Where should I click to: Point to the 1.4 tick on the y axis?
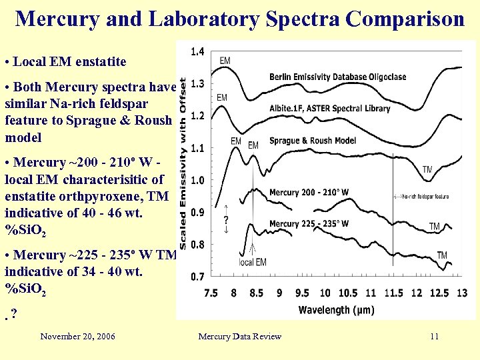(x=197, y=51)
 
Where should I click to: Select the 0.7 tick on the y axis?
(x=197, y=276)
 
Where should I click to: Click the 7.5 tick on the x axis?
(x=210, y=293)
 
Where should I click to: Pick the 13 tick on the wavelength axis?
(x=462, y=293)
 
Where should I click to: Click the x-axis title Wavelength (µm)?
(x=336, y=310)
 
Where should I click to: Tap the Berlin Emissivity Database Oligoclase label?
(x=337, y=77)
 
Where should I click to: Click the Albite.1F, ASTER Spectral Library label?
(x=329, y=108)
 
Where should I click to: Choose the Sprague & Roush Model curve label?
(x=312, y=141)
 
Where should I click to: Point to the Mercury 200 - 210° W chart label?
(x=309, y=193)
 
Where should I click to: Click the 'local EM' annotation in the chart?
(x=252, y=262)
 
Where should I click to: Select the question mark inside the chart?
(x=227, y=219)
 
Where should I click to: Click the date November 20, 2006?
(x=77, y=336)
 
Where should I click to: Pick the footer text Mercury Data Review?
(x=239, y=336)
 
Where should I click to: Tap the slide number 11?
(x=434, y=336)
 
